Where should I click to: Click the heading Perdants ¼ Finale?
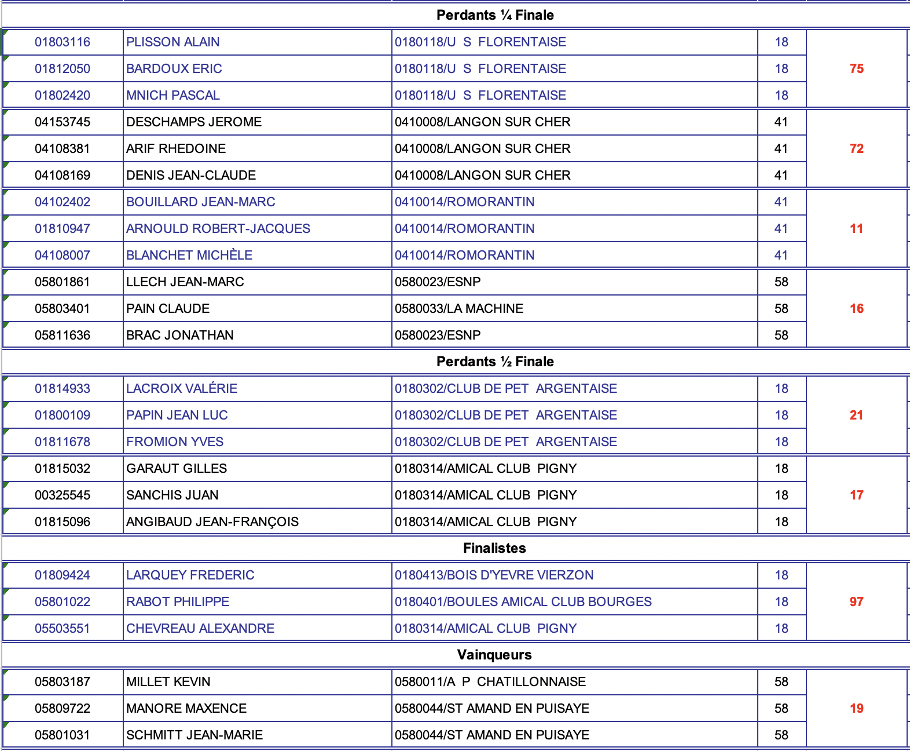495,15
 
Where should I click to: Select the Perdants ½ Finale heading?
495,362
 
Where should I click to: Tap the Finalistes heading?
494,548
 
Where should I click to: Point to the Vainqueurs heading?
494,655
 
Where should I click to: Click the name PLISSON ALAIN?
173,42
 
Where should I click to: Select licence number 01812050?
63,68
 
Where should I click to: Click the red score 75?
856,68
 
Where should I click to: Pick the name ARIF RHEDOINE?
176,148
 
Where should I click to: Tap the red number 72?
856,148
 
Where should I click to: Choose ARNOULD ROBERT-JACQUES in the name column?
218,228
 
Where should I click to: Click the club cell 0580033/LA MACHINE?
459,308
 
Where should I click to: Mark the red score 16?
856,308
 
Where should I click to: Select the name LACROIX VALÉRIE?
182,388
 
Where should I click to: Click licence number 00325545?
63,495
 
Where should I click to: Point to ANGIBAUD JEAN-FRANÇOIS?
212,522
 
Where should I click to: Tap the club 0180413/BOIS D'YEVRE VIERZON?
494,575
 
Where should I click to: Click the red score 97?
856,601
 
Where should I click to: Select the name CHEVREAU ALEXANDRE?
200,628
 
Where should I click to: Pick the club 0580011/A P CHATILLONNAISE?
490,681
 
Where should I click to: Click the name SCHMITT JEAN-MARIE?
195,735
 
